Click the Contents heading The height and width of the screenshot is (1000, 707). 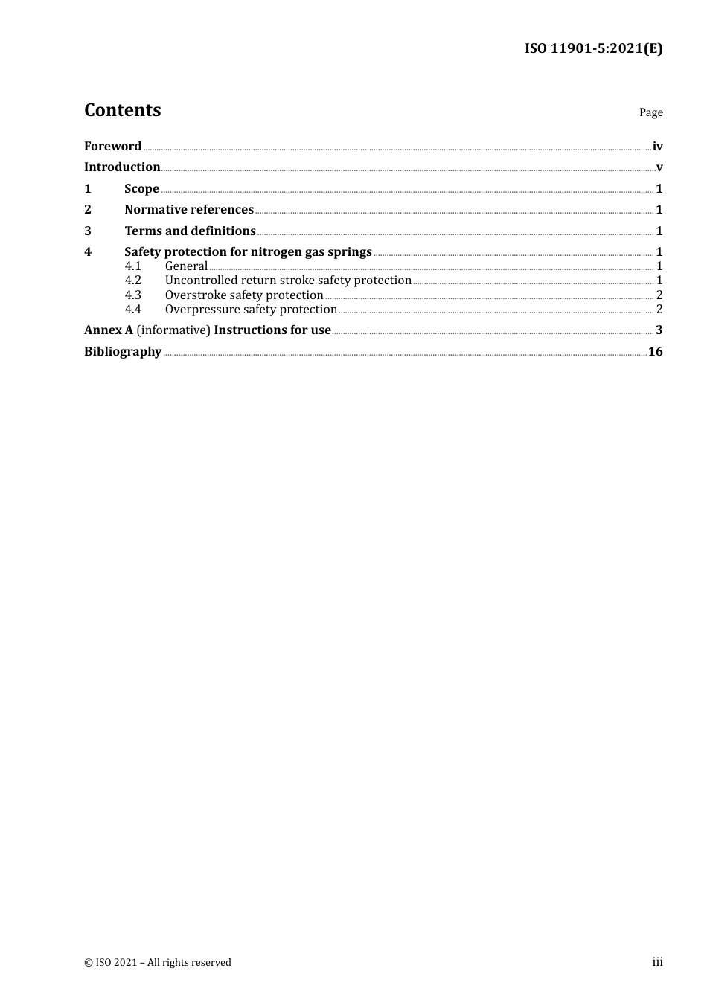click(122, 110)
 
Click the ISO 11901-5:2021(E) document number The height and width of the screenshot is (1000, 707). click(593, 49)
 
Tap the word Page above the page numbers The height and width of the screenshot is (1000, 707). click(650, 112)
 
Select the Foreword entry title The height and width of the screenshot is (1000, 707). click(112, 147)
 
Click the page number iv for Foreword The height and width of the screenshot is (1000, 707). click(657, 147)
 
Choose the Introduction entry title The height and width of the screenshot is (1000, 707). click(122, 167)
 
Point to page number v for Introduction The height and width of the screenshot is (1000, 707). click(659, 167)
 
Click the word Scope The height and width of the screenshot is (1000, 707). click(141, 189)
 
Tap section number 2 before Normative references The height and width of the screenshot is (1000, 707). click(88, 210)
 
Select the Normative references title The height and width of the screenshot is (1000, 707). click(189, 210)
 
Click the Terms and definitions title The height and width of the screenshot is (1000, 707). click(190, 231)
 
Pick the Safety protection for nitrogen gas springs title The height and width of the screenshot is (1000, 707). click(248, 252)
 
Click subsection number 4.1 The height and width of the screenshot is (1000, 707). click(132, 266)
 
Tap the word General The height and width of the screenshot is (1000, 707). click(186, 266)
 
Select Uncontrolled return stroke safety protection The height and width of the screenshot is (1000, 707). click(288, 281)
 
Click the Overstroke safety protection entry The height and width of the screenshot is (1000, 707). click(244, 295)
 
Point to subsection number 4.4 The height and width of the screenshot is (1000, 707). click(132, 310)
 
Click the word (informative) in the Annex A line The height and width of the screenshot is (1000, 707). click(173, 330)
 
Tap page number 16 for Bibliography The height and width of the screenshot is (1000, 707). click(655, 352)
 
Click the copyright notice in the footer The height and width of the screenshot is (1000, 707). click(158, 963)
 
